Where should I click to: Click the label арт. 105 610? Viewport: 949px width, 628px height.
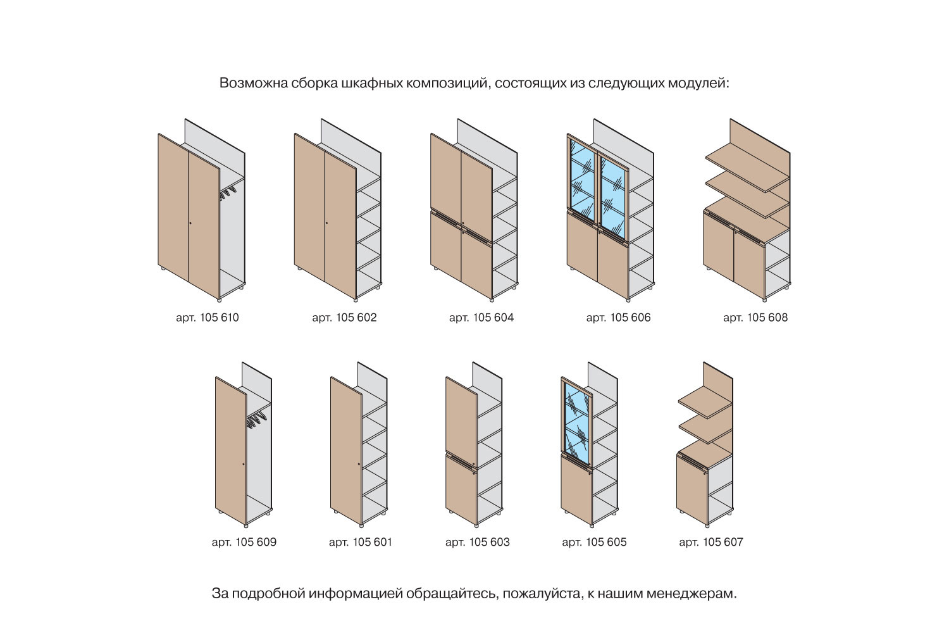pos(207,317)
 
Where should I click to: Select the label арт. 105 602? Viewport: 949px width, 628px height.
pos(344,317)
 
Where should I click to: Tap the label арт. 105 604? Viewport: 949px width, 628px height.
pos(481,317)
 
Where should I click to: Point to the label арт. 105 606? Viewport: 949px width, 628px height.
pos(618,317)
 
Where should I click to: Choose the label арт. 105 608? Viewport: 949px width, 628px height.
pos(755,317)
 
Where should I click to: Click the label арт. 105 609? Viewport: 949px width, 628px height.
pos(244,542)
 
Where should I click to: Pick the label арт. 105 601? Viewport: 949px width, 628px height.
pos(361,542)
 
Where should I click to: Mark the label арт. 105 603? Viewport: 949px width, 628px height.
pos(477,542)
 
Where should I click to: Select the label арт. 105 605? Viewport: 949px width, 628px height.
pos(594,542)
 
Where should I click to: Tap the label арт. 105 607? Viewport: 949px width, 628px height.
pos(711,542)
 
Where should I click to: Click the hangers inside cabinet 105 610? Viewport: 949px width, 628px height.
pos(229,191)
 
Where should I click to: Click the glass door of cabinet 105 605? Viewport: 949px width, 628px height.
pos(576,421)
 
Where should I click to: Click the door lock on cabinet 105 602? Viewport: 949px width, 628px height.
pos(326,223)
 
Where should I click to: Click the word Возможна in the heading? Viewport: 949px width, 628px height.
pos(251,84)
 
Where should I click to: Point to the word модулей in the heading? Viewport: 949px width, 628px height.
pos(698,84)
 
